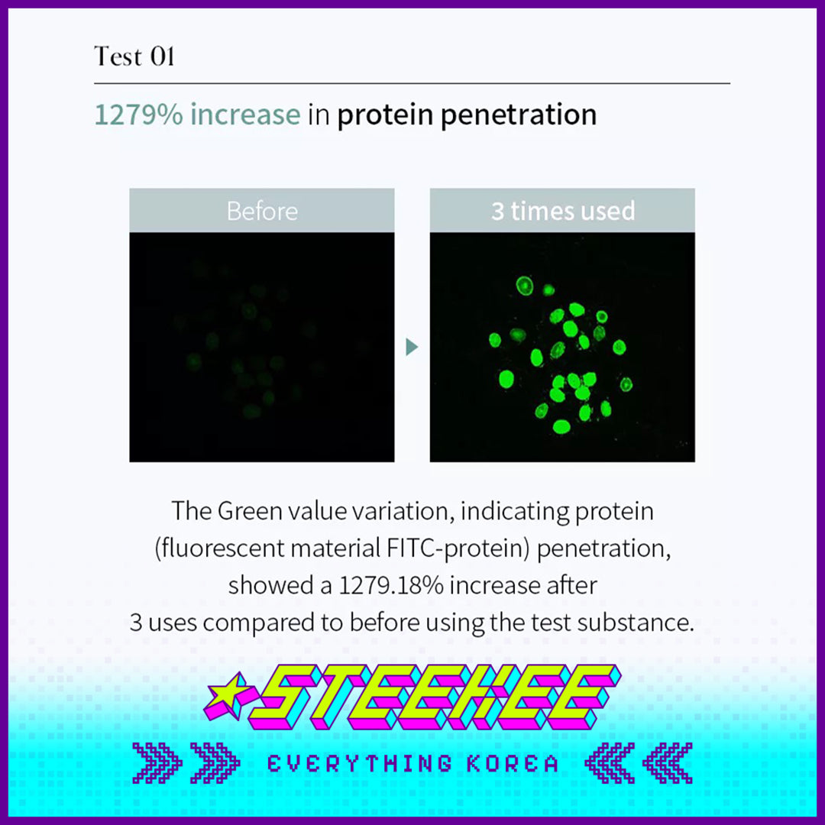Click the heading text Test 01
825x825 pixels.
134,57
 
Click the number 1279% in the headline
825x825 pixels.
139,114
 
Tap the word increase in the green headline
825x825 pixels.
245,114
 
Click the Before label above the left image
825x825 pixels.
262,211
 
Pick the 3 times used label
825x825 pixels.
563,211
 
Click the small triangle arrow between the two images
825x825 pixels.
412,347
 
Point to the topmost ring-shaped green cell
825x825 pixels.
525,286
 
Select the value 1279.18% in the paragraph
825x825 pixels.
391,586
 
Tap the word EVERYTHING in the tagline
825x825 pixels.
360,763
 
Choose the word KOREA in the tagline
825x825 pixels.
513,763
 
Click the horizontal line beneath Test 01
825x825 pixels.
412,83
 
